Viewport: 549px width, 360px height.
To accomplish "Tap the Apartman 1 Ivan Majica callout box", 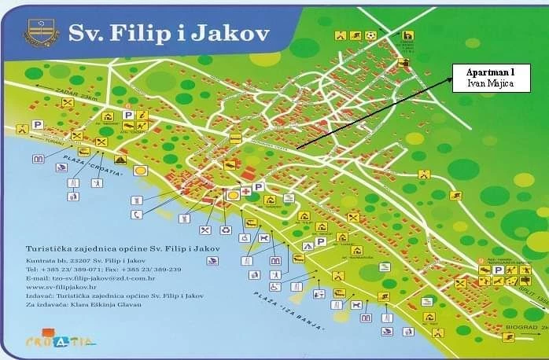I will click(490, 79).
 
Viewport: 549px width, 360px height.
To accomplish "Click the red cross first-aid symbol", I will click(246, 192).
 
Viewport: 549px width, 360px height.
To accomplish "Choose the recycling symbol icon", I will click(225, 230).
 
